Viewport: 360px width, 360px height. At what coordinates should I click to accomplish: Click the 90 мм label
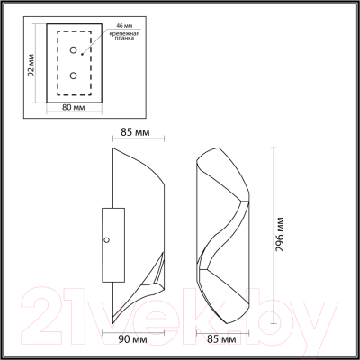point(133,339)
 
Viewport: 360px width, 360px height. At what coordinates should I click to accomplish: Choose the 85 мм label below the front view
point(221,339)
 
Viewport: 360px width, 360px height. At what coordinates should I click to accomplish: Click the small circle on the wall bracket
point(108,240)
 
